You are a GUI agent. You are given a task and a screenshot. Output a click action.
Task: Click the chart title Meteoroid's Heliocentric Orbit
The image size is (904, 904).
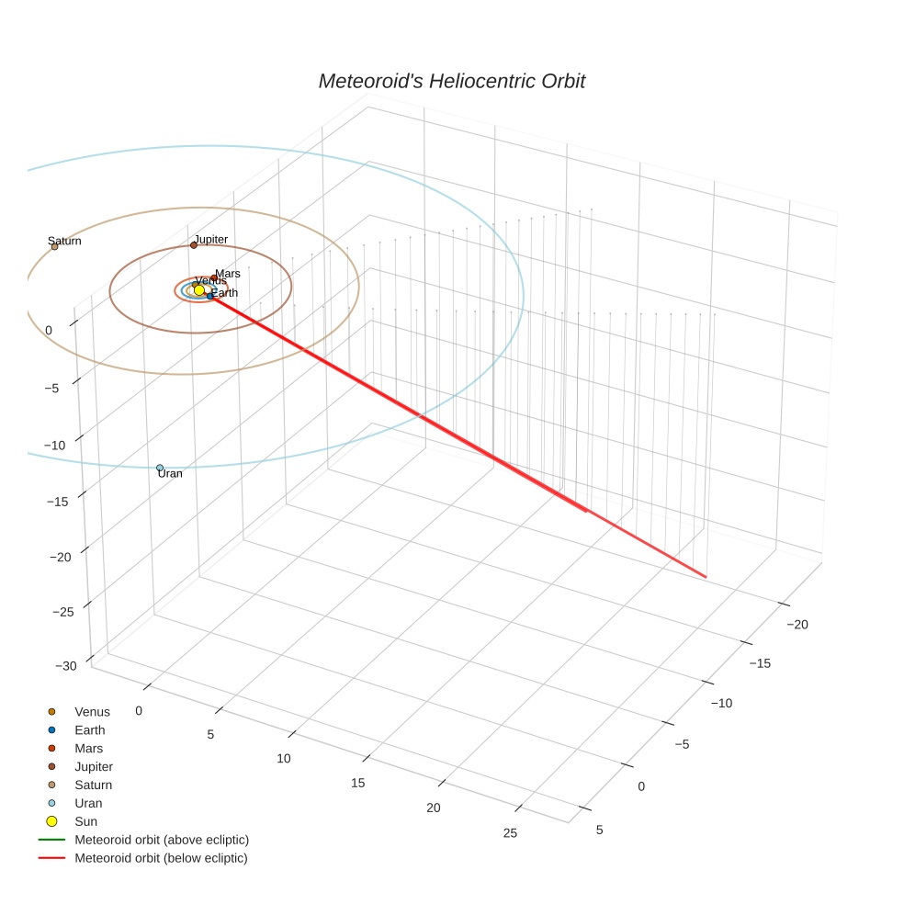pyautogui.click(x=451, y=81)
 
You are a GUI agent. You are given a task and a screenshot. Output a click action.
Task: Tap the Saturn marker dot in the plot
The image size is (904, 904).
pyautogui.click(x=54, y=246)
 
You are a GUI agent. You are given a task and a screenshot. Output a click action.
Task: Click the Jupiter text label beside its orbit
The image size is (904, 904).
pyautogui.click(x=210, y=239)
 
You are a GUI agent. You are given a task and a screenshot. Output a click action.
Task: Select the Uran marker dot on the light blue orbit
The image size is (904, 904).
pyautogui.click(x=160, y=468)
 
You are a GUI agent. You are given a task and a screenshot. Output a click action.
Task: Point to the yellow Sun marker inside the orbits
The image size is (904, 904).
pyautogui.click(x=199, y=290)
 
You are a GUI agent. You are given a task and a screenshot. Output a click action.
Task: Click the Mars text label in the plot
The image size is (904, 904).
pyautogui.click(x=228, y=274)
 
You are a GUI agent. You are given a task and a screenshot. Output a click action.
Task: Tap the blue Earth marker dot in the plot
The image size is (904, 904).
pyautogui.click(x=210, y=296)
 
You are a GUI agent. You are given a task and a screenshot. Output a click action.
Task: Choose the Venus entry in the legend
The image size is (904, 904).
pyautogui.click(x=92, y=712)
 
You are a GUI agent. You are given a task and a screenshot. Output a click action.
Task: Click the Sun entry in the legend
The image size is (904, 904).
pyautogui.click(x=85, y=821)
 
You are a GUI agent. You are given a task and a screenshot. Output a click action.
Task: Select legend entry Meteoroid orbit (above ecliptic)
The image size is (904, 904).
pyautogui.click(x=162, y=840)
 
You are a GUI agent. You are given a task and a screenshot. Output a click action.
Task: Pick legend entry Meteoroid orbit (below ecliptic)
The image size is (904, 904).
pyautogui.click(x=161, y=858)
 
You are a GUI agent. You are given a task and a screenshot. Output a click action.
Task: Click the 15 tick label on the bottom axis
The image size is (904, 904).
pyautogui.click(x=358, y=783)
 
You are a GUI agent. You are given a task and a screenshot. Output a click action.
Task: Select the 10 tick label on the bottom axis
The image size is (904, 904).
pyautogui.click(x=283, y=758)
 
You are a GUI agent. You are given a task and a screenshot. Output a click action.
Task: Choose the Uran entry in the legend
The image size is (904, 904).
pyautogui.click(x=88, y=803)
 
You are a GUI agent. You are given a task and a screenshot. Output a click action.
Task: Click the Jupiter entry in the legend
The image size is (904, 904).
pyautogui.click(x=94, y=766)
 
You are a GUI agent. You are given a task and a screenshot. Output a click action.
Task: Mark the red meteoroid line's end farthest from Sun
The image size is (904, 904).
pyautogui.click(x=706, y=577)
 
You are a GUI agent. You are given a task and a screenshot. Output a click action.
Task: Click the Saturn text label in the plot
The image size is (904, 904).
pyautogui.click(x=64, y=241)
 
